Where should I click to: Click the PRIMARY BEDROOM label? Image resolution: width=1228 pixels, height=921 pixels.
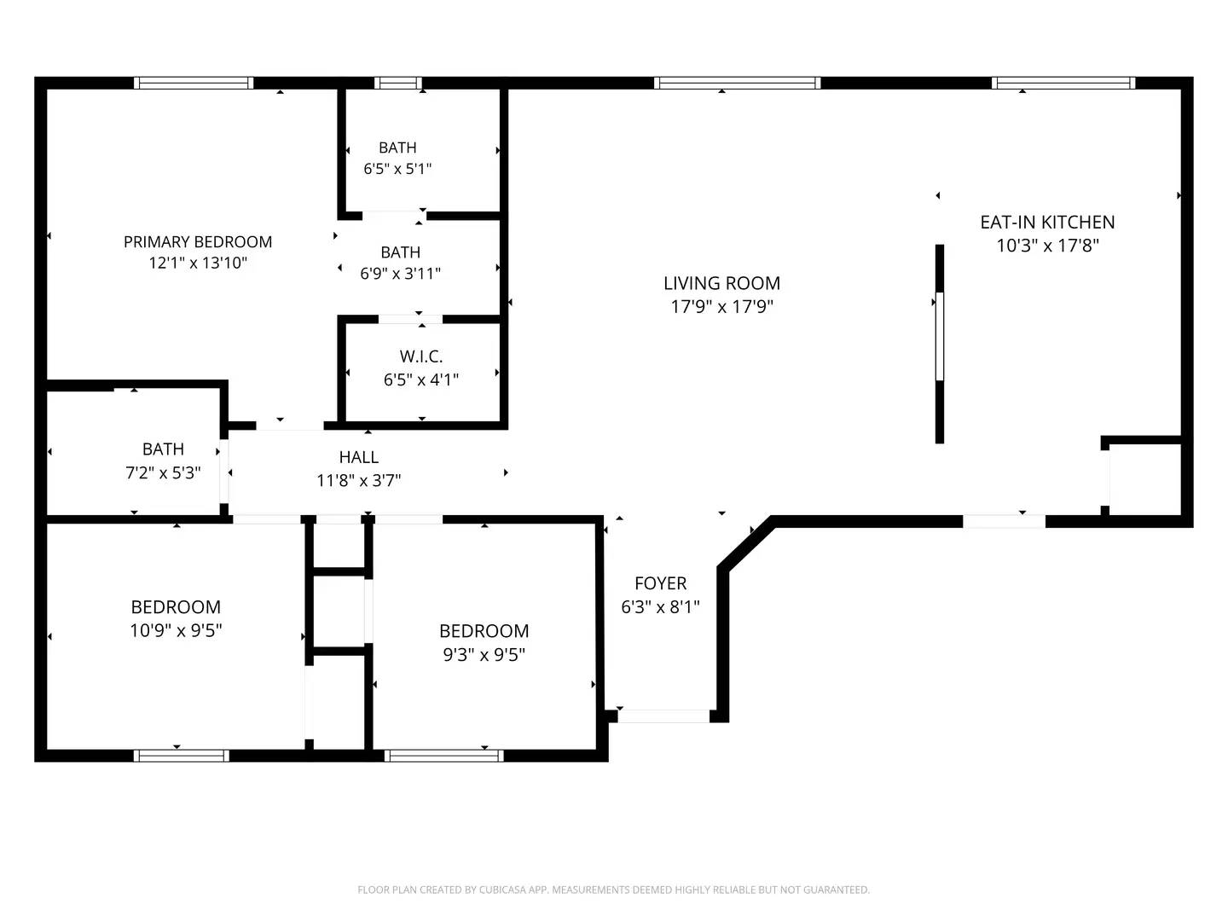click(x=198, y=242)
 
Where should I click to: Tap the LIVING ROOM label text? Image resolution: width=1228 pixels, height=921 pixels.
click(x=721, y=283)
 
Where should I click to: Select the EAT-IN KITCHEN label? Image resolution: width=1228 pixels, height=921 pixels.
click(x=1047, y=222)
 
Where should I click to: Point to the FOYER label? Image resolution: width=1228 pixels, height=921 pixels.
click(x=660, y=583)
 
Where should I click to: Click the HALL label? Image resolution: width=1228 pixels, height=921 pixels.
click(x=358, y=458)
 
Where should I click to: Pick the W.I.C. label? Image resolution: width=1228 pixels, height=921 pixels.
click(x=421, y=356)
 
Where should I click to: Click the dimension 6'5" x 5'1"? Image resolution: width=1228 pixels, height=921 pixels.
click(x=397, y=169)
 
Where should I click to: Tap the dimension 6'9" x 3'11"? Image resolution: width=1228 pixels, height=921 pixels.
click(x=400, y=274)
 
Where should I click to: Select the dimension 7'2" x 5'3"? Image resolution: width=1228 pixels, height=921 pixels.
click(x=163, y=472)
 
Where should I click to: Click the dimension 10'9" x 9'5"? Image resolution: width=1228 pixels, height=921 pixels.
click(x=176, y=630)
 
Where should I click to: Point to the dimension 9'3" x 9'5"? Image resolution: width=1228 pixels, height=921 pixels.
click(x=484, y=654)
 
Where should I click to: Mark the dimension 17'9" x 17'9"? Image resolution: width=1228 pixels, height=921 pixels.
click(x=721, y=307)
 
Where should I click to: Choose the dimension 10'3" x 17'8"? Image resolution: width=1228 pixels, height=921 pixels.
click(x=1047, y=246)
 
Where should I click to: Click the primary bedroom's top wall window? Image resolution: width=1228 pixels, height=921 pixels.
click(x=194, y=83)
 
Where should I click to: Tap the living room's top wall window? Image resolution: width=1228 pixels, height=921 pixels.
click(x=737, y=83)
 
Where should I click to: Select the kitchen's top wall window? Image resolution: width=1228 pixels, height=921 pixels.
click(x=1063, y=83)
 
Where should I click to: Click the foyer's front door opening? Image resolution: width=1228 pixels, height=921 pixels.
click(x=663, y=716)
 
